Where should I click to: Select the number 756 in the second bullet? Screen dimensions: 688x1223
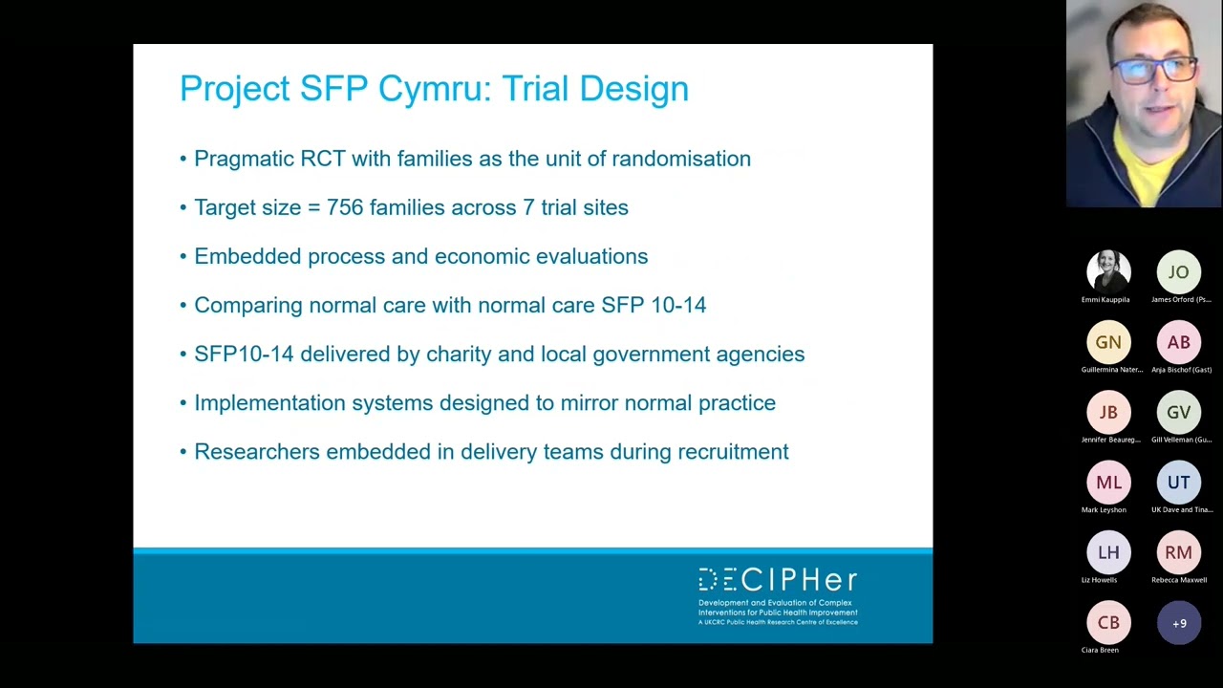point(345,207)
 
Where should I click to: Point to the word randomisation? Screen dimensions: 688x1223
point(680,159)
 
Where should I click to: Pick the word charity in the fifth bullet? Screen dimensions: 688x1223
point(459,355)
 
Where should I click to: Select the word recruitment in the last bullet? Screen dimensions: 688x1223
point(733,452)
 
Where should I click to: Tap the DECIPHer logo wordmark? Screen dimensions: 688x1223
point(778,580)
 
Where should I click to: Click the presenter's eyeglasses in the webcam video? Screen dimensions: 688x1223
point(1155,70)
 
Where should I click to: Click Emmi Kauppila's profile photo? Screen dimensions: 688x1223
point(1108,271)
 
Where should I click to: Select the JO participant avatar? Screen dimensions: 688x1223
point(1178,272)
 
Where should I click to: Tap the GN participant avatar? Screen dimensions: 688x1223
point(1108,342)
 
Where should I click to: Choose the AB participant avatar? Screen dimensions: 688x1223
point(1178,342)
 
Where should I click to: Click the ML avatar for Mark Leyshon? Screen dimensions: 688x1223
point(1108,483)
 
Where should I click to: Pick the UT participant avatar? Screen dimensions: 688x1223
point(1178,483)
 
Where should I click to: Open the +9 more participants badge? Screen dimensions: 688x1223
point(1178,623)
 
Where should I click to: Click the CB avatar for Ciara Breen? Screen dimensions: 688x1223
point(1108,623)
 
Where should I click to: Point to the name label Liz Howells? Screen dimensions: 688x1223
point(1099,580)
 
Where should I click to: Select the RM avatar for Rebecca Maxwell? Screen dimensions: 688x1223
point(1178,552)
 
